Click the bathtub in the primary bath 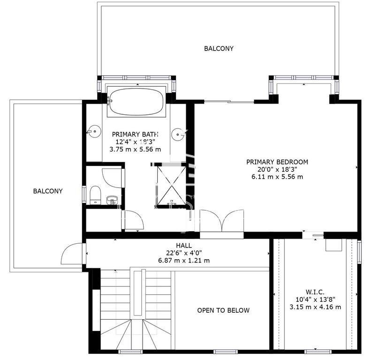(137, 102)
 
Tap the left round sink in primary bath (94, 132)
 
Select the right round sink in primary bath (179, 135)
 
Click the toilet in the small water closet (95, 195)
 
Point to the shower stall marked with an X (172, 187)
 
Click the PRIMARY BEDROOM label (277, 162)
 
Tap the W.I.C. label (315, 292)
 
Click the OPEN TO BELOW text (223, 310)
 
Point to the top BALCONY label (219, 48)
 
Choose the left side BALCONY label (48, 191)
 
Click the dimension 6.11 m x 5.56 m (277, 177)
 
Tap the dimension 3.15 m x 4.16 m (315, 307)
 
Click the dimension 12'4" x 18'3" (136, 142)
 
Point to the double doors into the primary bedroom (222, 221)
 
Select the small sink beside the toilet (112, 200)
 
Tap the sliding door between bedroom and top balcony (229, 101)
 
